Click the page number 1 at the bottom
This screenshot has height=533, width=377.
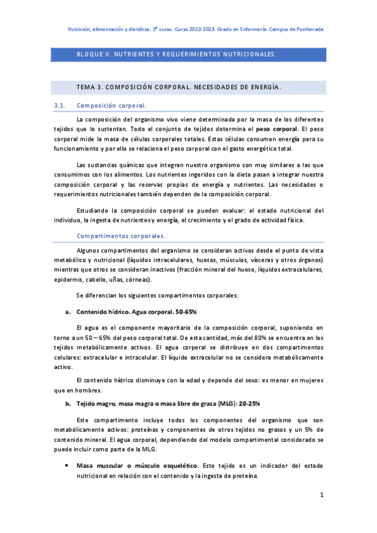(322, 496)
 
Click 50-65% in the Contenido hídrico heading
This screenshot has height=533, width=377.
(185, 312)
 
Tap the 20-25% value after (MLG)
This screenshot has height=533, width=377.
(247, 404)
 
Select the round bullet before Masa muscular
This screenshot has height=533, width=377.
(67, 466)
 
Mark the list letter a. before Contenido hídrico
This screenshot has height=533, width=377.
(67, 312)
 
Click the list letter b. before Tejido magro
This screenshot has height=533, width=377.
(67, 404)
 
